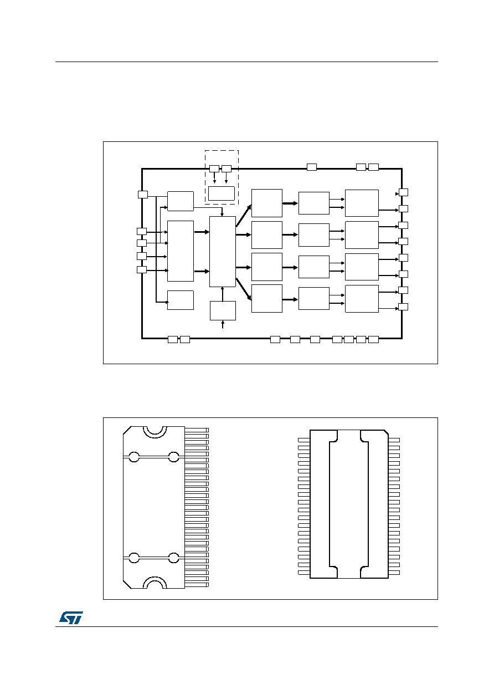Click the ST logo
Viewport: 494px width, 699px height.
click(71, 618)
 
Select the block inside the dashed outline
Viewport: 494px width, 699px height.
click(222, 193)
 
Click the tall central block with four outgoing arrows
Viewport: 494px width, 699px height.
click(223, 252)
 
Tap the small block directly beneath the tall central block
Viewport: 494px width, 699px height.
click(223, 310)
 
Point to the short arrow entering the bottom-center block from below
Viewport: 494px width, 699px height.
click(223, 324)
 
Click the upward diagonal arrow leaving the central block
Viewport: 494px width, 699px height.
click(244, 216)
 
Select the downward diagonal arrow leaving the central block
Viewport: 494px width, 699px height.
click(244, 289)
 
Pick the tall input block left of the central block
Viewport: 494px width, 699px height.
click(181, 251)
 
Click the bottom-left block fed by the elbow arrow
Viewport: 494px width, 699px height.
click(181, 300)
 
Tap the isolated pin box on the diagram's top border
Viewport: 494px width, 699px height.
click(312, 167)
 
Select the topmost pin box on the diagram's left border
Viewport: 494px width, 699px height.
click(143, 195)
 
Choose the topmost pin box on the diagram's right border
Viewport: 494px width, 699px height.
click(403, 192)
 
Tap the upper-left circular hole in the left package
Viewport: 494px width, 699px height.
click(134, 457)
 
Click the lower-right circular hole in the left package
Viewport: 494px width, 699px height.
click(173, 558)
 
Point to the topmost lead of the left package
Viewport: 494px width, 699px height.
click(197, 430)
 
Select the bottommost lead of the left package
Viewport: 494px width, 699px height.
click(197, 585)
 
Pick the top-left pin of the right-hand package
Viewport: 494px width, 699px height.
click(304, 440)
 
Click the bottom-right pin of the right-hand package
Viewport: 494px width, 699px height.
click(394, 573)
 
